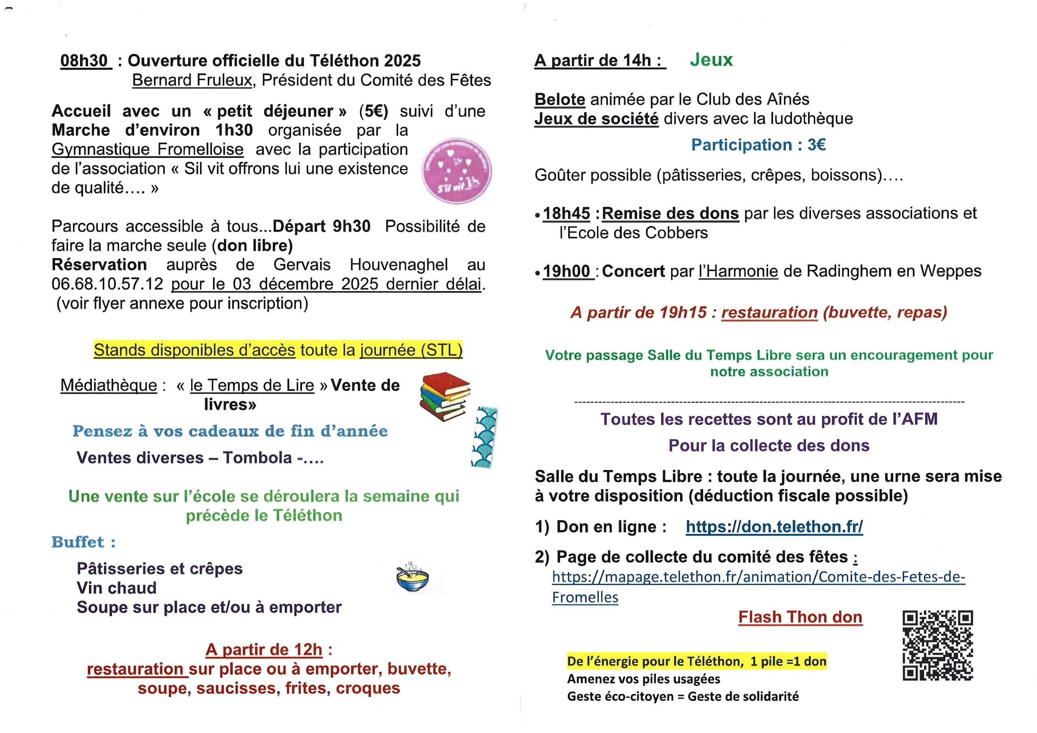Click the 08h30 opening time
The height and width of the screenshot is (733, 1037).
[x=85, y=61]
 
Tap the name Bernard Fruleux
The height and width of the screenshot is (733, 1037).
[x=192, y=81]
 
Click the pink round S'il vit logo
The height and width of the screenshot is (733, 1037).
[x=457, y=171]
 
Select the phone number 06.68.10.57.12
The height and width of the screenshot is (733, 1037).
[x=107, y=284]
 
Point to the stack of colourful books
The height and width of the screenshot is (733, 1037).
[x=445, y=396]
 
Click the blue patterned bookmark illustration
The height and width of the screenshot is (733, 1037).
[x=484, y=437]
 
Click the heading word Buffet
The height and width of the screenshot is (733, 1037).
[x=78, y=542]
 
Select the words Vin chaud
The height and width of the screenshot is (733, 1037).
[x=117, y=588]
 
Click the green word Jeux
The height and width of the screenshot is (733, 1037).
[x=711, y=59]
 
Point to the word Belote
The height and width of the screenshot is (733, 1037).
[x=559, y=99]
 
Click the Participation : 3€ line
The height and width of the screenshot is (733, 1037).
[x=758, y=145]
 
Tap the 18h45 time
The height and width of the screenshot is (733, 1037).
[x=566, y=214]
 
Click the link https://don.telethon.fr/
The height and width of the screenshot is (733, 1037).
[x=774, y=527]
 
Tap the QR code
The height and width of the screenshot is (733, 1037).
[x=938, y=646]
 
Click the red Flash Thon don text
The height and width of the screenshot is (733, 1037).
[x=800, y=617]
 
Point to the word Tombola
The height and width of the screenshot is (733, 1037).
[x=257, y=458]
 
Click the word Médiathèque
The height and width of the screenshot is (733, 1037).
[x=109, y=385]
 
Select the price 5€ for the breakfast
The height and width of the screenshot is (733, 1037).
[x=373, y=111]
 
